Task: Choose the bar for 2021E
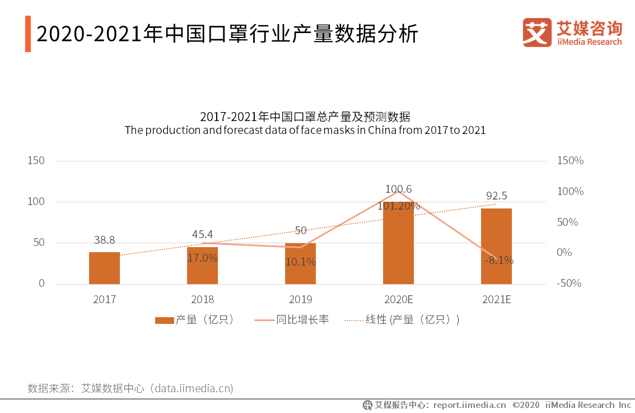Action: coord(496,246)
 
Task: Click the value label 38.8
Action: coord(104,240)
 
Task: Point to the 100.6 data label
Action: coord(398,189)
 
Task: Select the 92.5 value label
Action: coord(496,196)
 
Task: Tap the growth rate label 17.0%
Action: coord(202,258)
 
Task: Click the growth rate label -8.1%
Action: coord(499,260)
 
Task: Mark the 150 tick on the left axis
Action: coord(36,161)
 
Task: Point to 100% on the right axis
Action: coord(570,192)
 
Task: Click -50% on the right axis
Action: coord(569,284)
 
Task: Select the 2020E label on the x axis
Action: coord(398,299)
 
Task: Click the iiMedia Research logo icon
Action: coord(537,33)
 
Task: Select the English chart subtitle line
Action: coord(305,130)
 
